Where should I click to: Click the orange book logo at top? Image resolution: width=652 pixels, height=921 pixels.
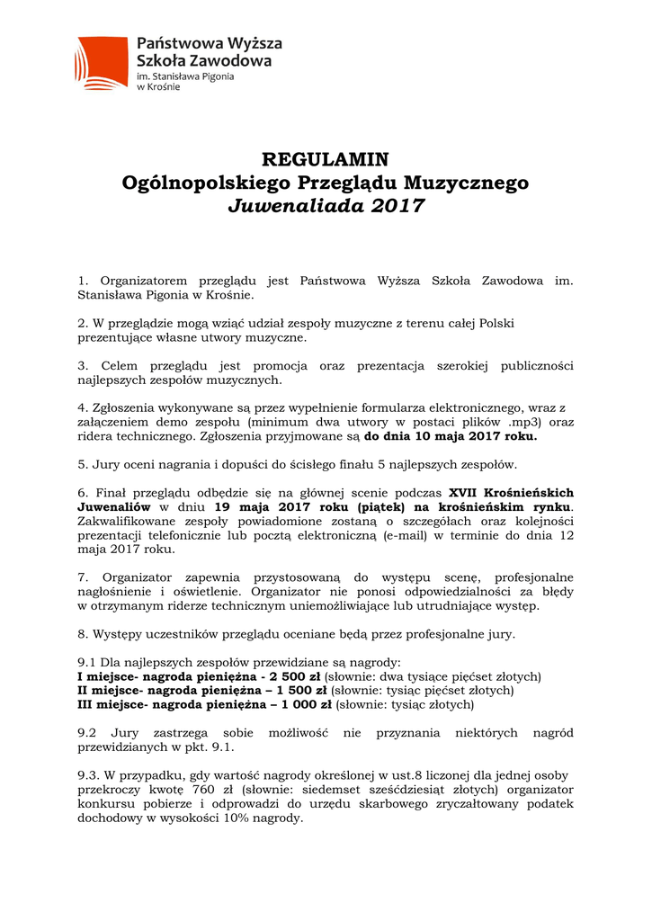[x=102, y=62]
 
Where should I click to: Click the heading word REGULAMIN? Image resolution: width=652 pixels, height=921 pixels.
[x=325, y=160]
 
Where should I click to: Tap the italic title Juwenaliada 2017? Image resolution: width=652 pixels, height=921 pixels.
[x=325, y=206]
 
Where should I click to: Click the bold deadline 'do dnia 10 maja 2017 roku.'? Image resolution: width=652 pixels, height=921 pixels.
[x=451, y=436]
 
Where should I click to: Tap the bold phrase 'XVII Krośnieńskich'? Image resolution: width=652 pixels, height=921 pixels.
[x=511, y=493]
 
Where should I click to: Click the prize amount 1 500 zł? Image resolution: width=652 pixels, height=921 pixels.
[x=298, y=690]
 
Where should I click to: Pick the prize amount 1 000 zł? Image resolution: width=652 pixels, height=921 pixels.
[x=301, y=704]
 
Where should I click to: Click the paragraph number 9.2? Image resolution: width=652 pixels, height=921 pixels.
[x=88, y=733]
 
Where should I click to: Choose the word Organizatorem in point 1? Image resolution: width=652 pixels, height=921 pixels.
[x=142, y=282]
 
